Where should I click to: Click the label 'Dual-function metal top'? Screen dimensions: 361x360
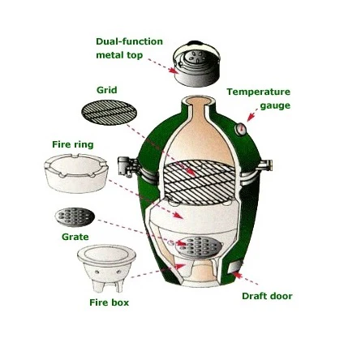click(x=130, y=49)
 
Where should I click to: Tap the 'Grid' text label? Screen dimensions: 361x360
click(x=107, y=90)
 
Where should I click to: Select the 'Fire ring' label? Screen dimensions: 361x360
click(x=73, y=144)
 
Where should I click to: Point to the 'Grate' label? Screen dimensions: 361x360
click(x=75, y=237)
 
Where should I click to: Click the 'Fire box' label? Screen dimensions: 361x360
click(x=110, y=302)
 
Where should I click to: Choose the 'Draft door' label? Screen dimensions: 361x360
click(x=267, y=296)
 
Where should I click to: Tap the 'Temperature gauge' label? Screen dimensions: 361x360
click(x=259, y=98)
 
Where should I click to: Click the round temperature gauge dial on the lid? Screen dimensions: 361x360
click(x=240, y=128)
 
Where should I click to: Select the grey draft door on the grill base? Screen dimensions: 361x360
click(x=235, y=268)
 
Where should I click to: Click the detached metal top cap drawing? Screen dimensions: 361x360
click(x=196, y=64)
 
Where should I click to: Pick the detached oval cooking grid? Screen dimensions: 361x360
click(x=109, y=113)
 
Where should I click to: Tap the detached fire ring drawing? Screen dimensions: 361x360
click(x=76, y=174)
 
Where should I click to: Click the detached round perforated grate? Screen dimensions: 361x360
click(x=75, y=217)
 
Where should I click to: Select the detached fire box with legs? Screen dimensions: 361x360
click(x=106, y=268)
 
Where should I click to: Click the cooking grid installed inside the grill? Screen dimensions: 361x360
click(x=200, y=182)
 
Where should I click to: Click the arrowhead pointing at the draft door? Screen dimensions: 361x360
click(x=236, y=275)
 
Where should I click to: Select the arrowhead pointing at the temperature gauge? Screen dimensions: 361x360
click(x=251, y=117)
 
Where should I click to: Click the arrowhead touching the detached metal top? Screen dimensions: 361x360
click(x=173, y=71)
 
